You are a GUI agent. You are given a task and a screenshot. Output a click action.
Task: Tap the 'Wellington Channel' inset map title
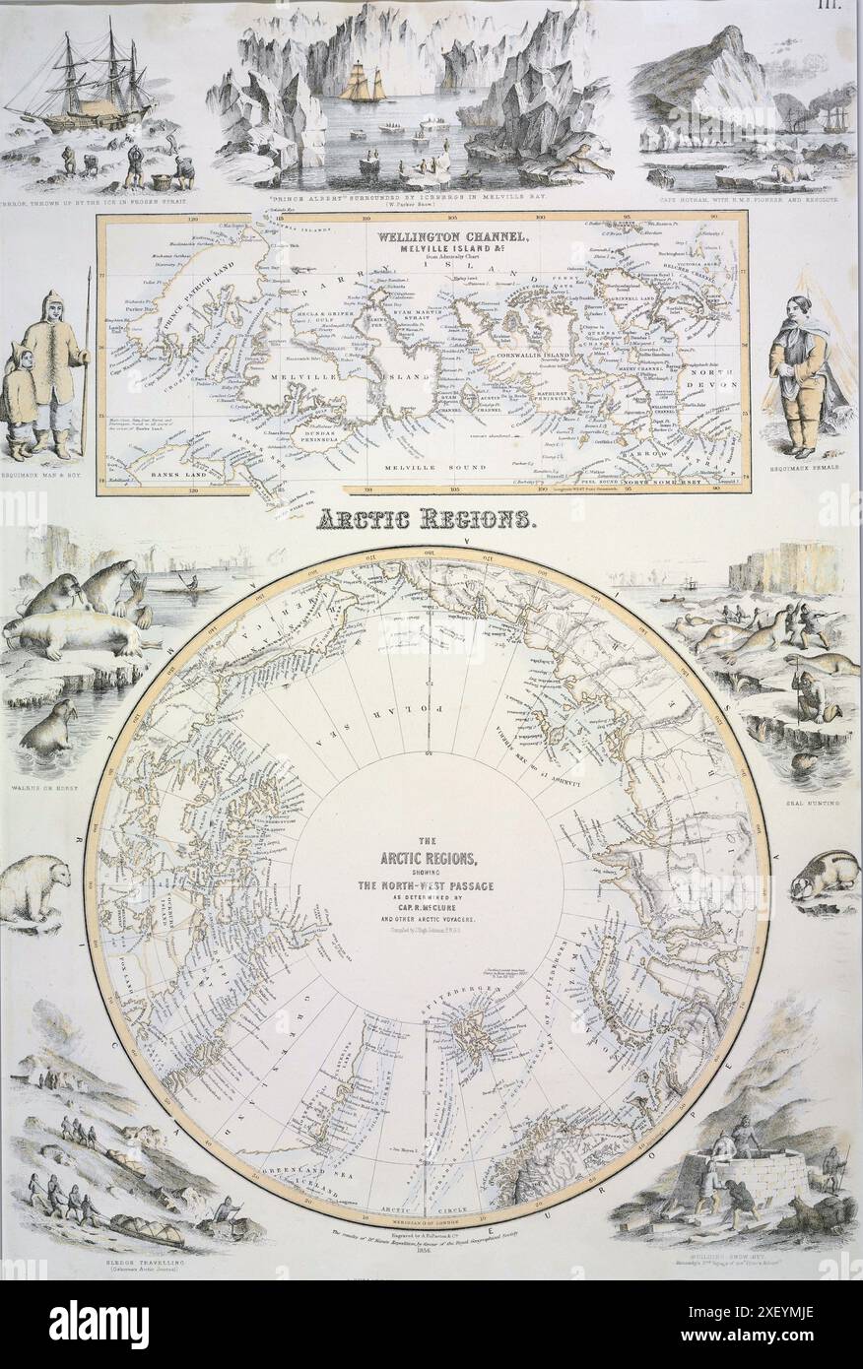pyautogui.click(x=431, y=238)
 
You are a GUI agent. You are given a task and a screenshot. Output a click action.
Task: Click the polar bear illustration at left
pyautogui.click(x=36, y=886)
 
